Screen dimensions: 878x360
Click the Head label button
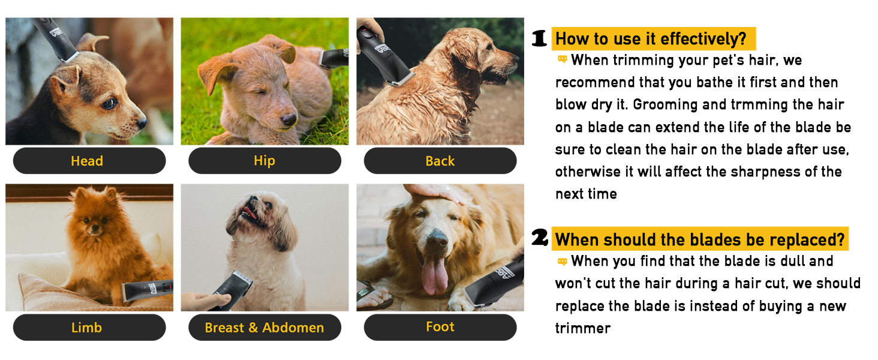click(89, 161)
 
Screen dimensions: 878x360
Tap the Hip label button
click(264, 161)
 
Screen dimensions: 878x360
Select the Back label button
click(440, 161)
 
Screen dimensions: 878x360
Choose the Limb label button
click(89, 327)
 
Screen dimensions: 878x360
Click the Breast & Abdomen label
click(264, 327)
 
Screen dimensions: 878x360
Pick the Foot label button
click(440, 327)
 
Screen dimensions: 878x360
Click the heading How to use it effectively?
click(654, 38)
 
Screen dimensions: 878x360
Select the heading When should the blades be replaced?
click(700, 239)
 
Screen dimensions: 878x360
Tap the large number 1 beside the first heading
click(539, 38)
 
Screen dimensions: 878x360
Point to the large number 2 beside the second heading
click(540, 237)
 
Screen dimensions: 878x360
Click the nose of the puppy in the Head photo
click(142, 123)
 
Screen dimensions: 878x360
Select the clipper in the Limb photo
click(147, 290)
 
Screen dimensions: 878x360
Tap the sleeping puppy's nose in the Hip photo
click(289, 119)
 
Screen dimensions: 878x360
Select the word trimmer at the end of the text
click(583, 328)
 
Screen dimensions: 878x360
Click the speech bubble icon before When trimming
click(563, 59)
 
